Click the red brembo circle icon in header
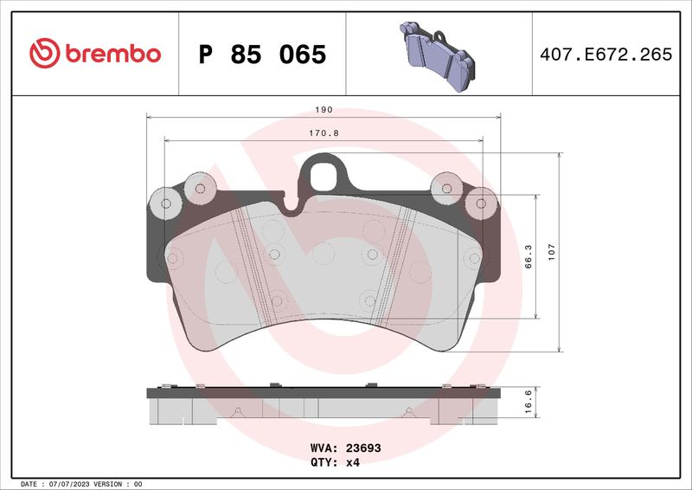tap(43, 54)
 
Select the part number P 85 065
tap(262, 55)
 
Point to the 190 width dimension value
tap(324, 111)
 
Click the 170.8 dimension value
tap(324, 133)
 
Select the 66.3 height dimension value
tap(529, 257)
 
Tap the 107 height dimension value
tap(551, 254)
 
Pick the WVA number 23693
tap(364, 449)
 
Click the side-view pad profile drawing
tap(324, 404)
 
